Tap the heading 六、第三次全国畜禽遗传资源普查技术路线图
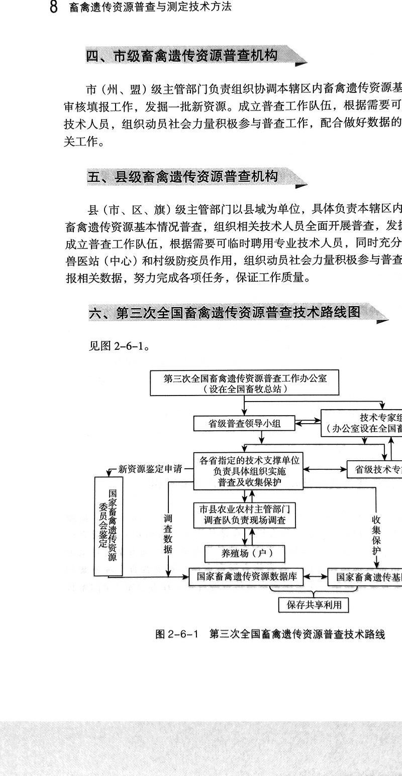(x=224, y=312)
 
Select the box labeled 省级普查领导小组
(x=244, y=423)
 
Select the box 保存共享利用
(x=314, y=605)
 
